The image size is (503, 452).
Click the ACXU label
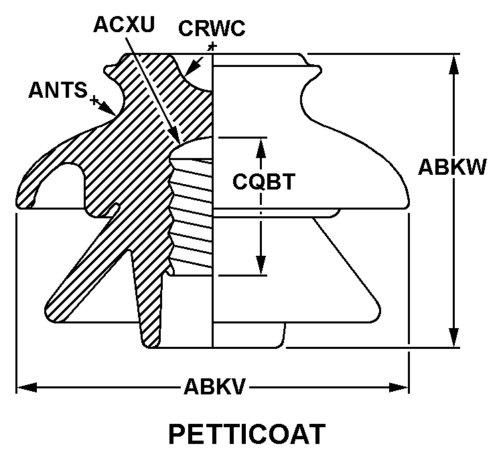[124, 24]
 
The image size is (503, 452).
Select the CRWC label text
[212, 28]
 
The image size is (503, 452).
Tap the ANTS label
[58, 90]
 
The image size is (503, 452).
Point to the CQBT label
[264, 181]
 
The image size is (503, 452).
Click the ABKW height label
[452, 167]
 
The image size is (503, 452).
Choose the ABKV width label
[214, 386]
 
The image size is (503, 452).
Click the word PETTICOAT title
[247, 434]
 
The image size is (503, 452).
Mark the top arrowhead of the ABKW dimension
[453, 65]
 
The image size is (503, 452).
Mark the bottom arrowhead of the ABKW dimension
[453, 337]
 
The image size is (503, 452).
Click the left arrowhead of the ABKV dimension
[27, 387]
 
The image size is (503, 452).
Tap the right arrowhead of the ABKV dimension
[399, 387]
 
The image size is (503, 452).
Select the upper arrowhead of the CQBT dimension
[261, 148]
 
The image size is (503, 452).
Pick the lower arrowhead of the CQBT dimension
[261, 265]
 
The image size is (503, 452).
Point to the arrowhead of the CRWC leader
[192, 68]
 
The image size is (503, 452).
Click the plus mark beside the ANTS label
[94, 100]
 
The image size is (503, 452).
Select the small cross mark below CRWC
[212, 47]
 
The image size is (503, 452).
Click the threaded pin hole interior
[192, 212]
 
